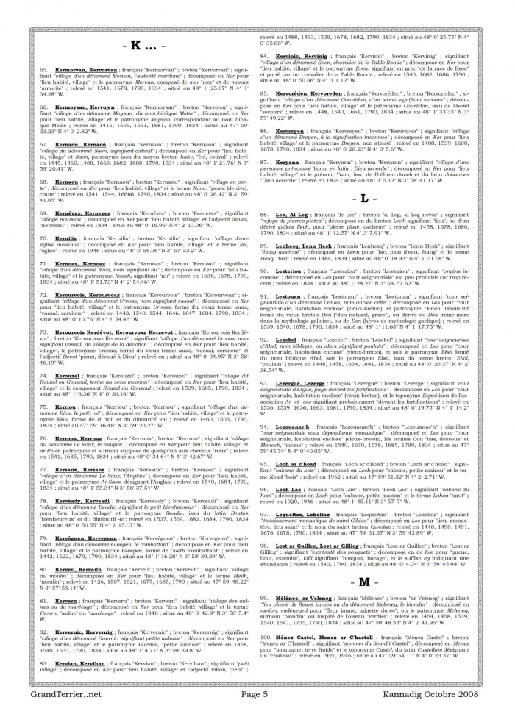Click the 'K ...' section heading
pyautogui.click(x=143, y=46)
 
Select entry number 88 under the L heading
pyautogui.click(x=264, y=214)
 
